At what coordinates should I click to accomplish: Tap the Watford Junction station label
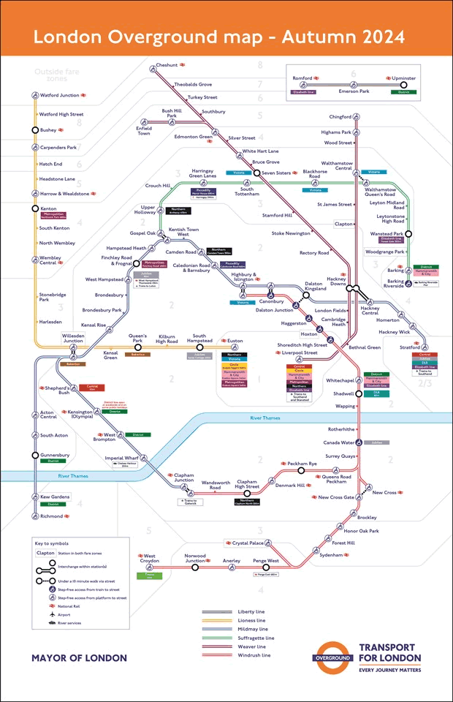click(59, 95)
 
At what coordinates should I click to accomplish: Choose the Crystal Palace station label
click(248, 543)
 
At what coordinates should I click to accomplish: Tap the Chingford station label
click(340, 116)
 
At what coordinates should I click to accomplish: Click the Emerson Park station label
click(353, 91)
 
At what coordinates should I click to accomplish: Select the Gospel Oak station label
click(143, 233)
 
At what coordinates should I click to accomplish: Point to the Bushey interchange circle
click(34, 130)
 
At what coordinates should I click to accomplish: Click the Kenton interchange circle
click(34, 208)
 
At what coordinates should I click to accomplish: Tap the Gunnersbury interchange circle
click(34, 455)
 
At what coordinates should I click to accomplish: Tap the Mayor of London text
click(79, 658)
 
